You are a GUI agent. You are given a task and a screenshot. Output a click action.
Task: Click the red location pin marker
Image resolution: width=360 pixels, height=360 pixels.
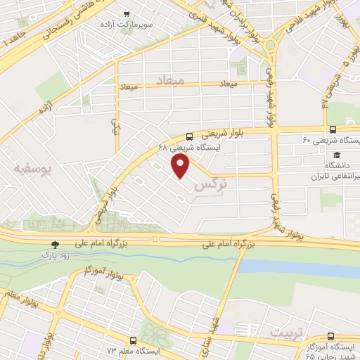pyautogui.click(x=181, y=166)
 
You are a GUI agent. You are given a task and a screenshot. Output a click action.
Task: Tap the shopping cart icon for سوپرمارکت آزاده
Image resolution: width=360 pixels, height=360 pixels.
pyautogui.click(x=127, y=13)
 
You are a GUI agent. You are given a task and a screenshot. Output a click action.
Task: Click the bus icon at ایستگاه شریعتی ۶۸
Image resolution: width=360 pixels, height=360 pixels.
pyautogui.click(x=190, y=137)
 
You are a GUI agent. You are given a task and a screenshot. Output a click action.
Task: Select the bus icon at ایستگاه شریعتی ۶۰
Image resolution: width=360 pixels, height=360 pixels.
pyautogui.click(x=333, y=129)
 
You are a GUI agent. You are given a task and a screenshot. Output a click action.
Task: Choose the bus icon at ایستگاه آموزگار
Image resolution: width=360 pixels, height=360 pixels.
pyautogui.click(x=330, y=337)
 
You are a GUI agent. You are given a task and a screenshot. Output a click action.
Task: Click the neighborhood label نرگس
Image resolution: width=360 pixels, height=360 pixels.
pyautogui.click(x=210, y=186)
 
